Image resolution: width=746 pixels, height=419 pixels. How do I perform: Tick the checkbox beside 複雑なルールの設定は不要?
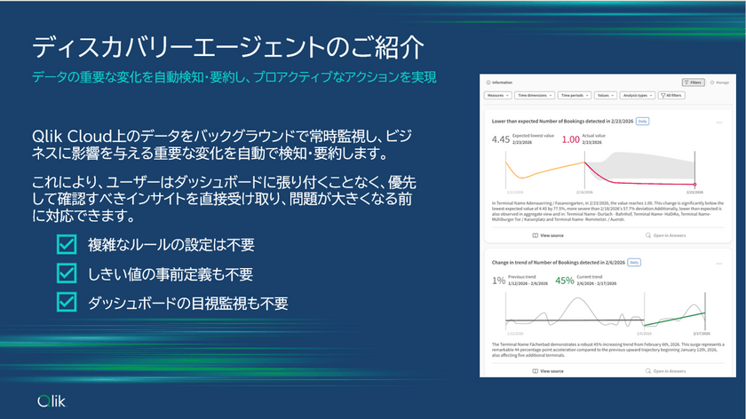point(67,245)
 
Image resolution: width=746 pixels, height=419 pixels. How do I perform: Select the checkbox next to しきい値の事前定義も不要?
point(67,273)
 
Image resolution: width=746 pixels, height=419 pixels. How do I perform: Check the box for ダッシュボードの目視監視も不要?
point(67,302)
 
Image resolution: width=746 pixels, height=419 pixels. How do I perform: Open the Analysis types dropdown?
point(638,95)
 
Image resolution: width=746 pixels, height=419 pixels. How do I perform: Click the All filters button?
point(672,95)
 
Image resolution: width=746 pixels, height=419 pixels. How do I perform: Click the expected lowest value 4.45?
point(501,139)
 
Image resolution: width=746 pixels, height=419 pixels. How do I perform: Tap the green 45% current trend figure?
point(564,281)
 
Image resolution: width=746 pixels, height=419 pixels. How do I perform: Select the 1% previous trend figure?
point(498,281)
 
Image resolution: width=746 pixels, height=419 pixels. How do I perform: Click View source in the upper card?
point(547,235)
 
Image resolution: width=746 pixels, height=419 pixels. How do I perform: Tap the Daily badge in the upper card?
point(642,121)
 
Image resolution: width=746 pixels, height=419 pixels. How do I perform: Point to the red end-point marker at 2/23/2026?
point(695,185)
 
